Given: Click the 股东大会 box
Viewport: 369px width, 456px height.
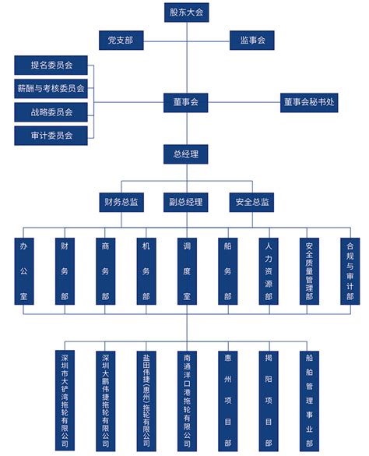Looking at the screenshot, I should tap(185, 11).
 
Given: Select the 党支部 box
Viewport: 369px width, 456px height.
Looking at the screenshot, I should tap(121, 40).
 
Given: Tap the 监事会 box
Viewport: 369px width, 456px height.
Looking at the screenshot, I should tap(251, 40).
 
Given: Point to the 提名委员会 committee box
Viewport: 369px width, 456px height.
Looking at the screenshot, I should tap(51, 65).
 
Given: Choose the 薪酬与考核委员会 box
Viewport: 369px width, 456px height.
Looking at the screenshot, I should tap(51, 89).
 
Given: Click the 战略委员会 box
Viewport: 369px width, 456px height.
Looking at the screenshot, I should tap(51, 112).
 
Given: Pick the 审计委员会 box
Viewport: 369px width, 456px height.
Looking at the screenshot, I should tap(51, 136).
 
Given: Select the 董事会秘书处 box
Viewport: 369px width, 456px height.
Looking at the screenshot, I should tap(310, 102).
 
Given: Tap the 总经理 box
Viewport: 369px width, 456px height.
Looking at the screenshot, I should tap(185, 154).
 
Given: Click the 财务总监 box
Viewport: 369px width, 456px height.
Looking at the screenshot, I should tap(121, 202).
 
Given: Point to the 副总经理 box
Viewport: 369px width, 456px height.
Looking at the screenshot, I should tap(185, 202).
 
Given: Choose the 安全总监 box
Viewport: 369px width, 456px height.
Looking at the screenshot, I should tap(251, 202).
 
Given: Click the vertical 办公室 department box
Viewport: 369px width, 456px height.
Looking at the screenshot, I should tap(23, 271).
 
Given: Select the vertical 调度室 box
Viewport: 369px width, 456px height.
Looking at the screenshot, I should tap(186, 271).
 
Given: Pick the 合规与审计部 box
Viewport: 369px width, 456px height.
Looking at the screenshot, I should tap(350, 271).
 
